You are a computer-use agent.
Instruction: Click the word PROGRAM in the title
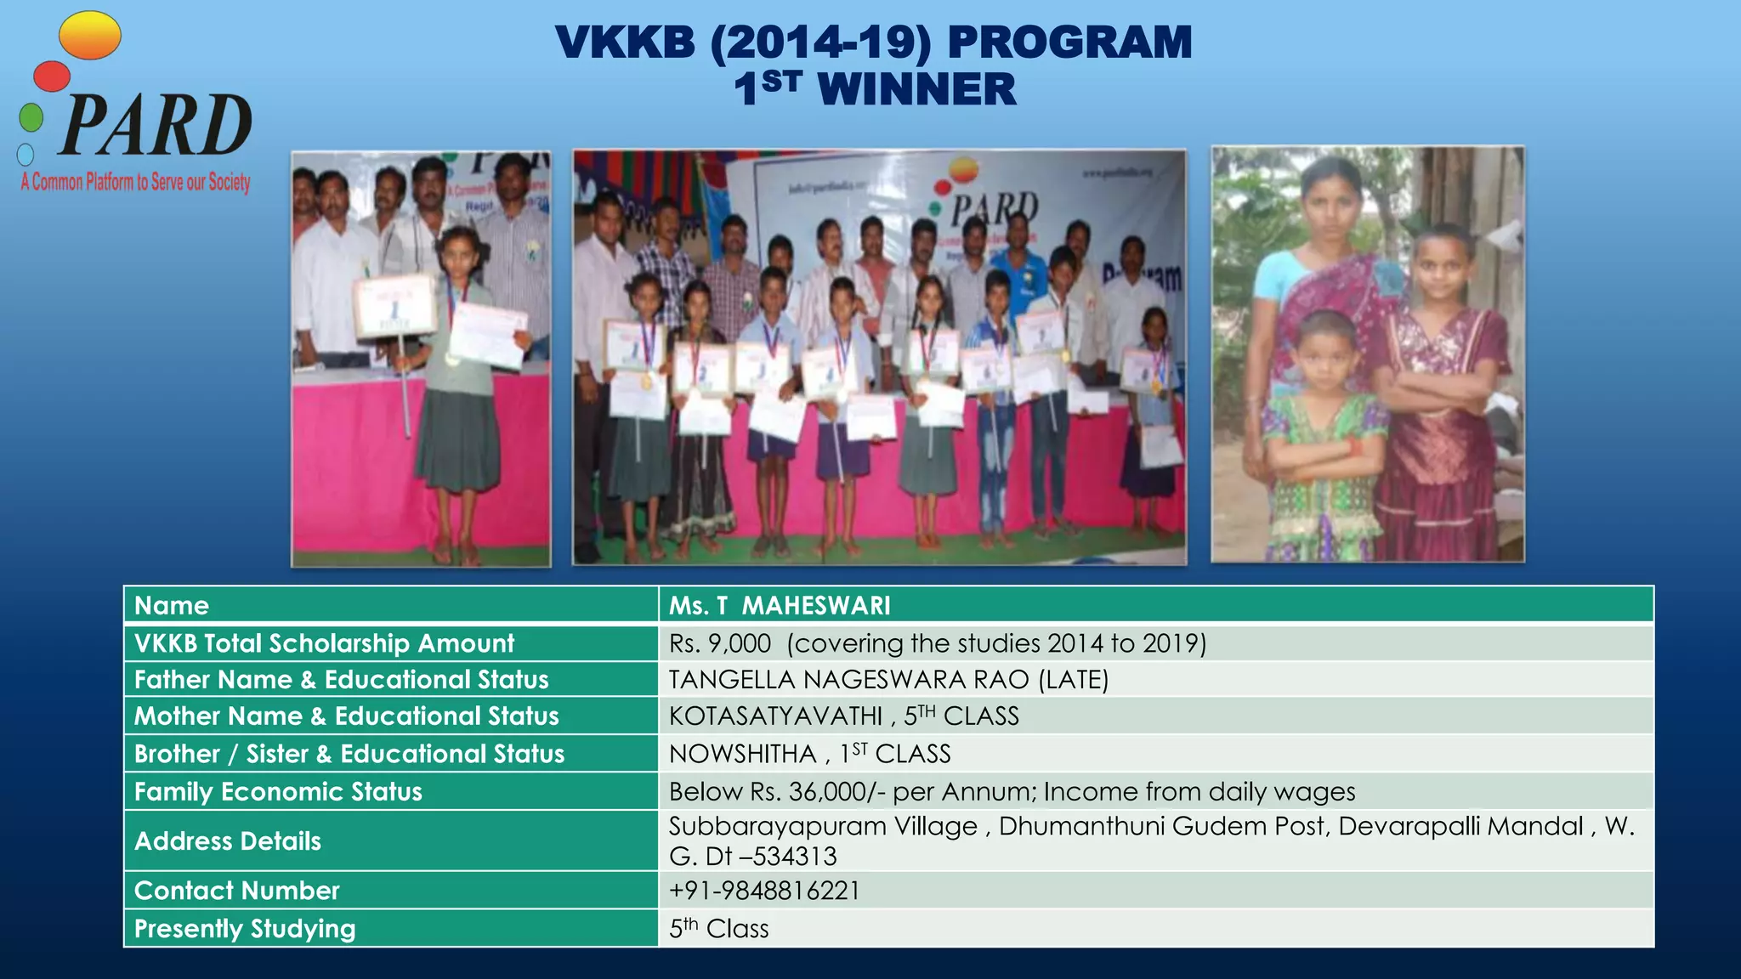point(1069,42)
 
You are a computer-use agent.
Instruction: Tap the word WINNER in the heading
point(916,89)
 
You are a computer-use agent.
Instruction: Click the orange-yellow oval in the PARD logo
point(90,36)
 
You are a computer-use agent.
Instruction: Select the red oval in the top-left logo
point(52,76)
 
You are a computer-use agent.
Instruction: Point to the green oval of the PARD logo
point(31,117)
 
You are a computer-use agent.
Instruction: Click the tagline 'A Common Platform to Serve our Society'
point(136,182)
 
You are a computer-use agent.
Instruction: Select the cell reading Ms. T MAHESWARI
point(780,605)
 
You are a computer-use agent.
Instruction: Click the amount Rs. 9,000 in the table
point(720,643)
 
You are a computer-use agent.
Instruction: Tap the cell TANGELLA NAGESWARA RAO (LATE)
point(888,680)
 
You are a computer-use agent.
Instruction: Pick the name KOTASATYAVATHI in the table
point(775,716)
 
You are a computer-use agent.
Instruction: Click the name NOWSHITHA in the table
point(742,754)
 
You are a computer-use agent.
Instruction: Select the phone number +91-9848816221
point(764,891)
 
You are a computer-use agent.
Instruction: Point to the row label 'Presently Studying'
point(245,929)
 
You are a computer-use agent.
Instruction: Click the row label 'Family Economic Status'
point(278,792)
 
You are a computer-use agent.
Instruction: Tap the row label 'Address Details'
point(228,841)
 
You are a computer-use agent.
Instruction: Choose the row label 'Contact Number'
point(236,891)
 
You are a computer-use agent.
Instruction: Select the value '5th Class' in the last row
point(718,929)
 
